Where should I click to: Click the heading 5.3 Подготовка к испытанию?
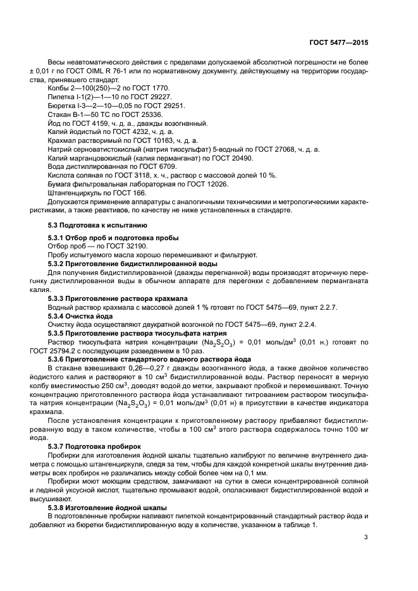(x=97, y=225)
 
